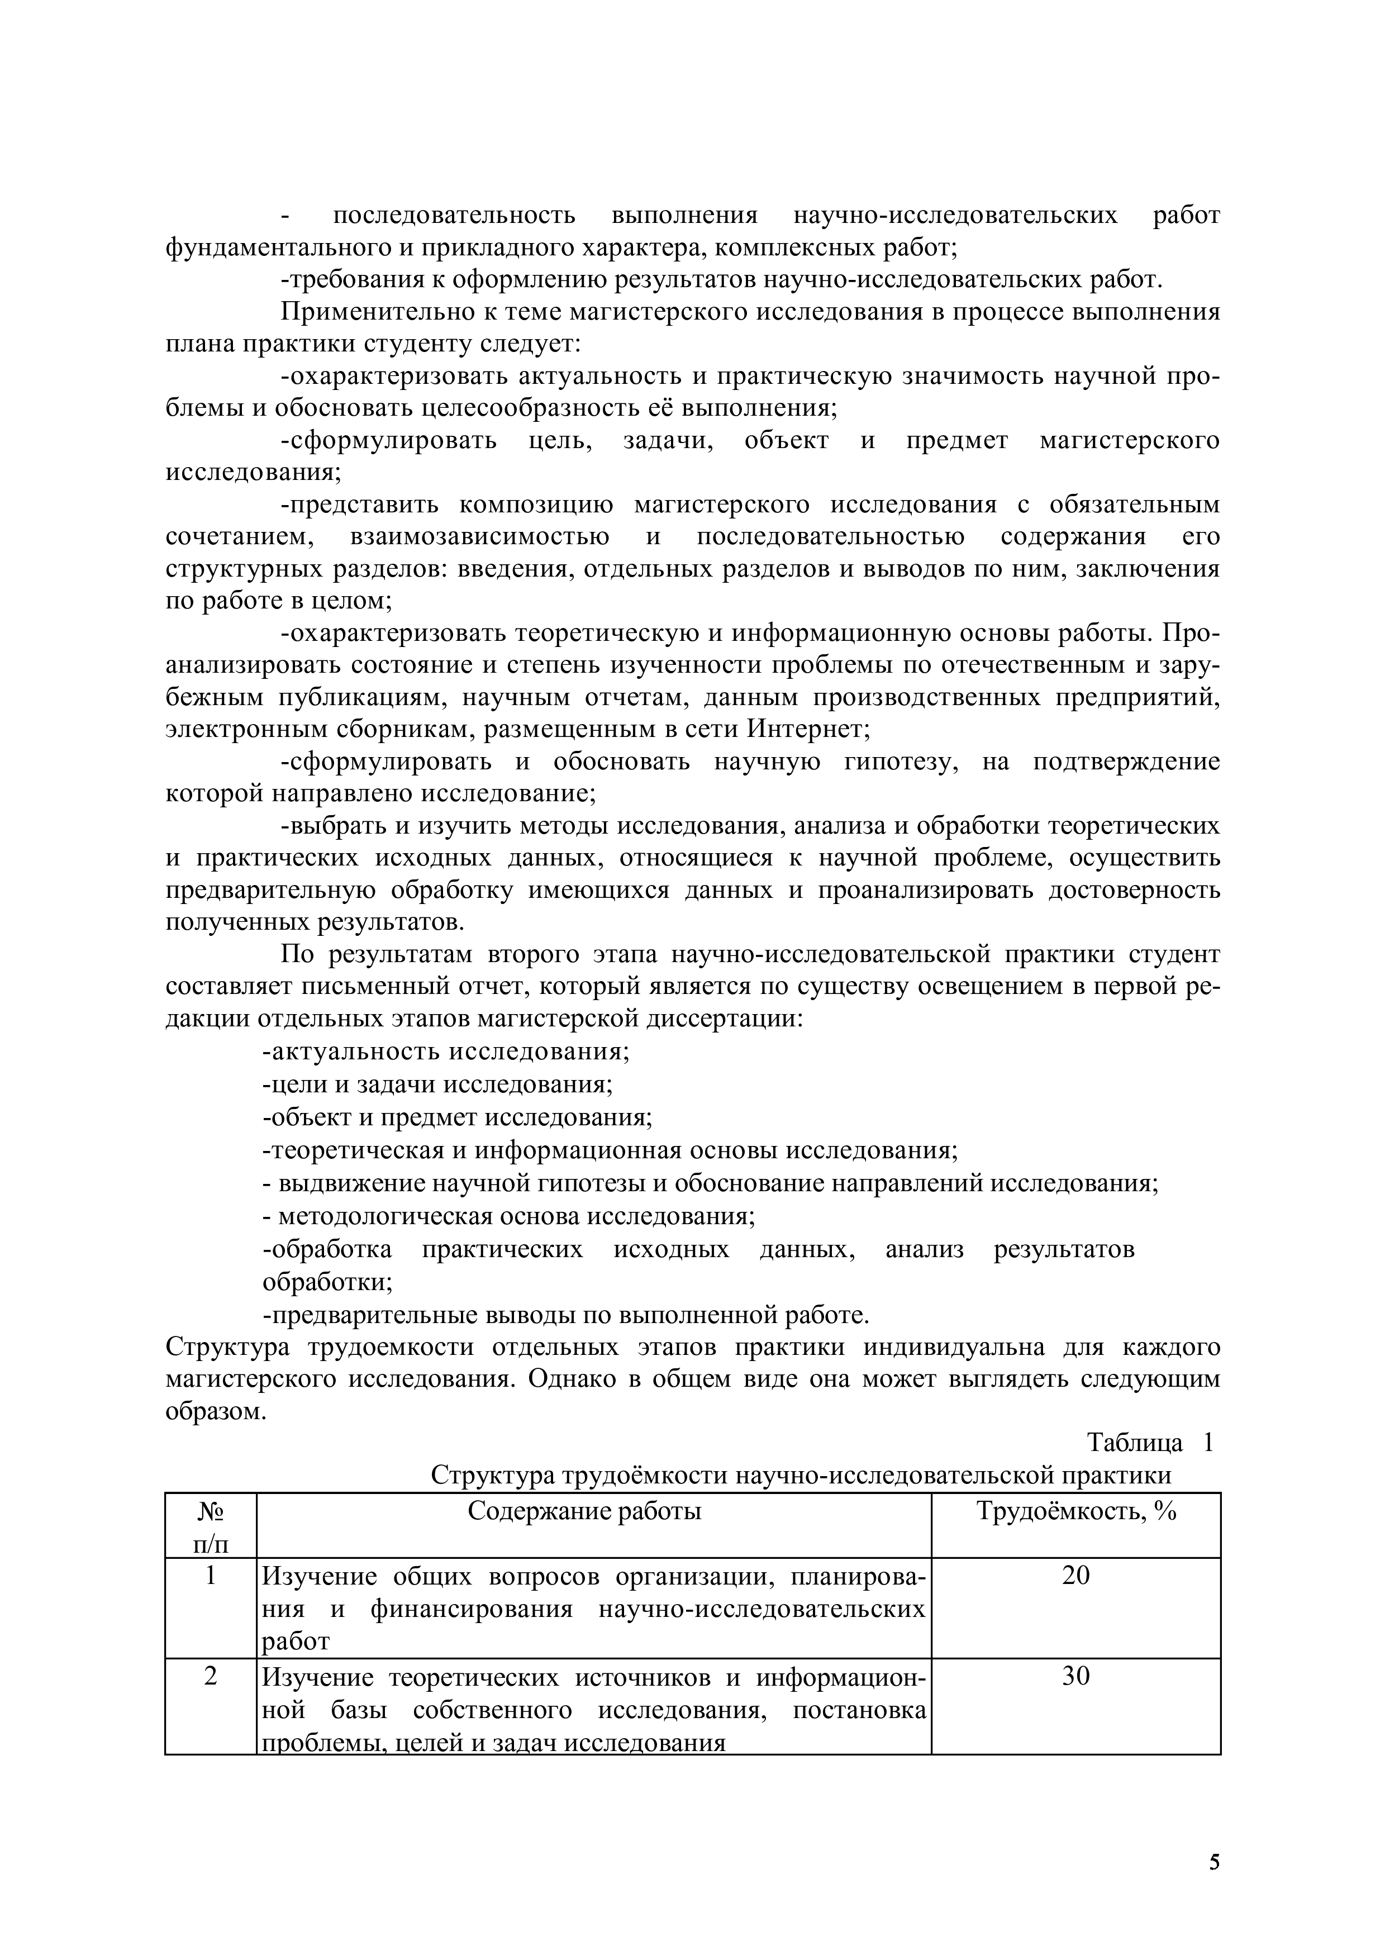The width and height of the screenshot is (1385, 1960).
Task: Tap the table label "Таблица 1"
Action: [x=1149, y=1442]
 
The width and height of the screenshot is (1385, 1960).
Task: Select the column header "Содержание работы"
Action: [x=584, y=1510]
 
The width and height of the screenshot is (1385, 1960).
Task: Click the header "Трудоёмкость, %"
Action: [x=1075, y=1510]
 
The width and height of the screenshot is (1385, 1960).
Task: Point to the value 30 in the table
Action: [x=1075, y=1676]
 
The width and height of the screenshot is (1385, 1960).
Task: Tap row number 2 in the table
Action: [x=211, y=1676]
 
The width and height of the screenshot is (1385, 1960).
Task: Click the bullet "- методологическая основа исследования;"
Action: [x=508, y=1216]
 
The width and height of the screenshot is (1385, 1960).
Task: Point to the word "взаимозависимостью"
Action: [x=479, y=537]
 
